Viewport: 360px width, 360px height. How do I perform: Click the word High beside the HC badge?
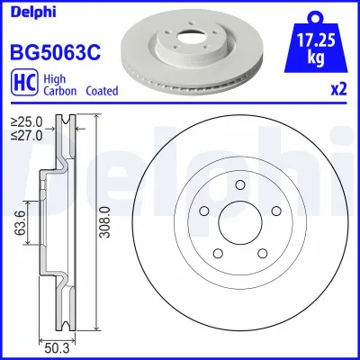51,76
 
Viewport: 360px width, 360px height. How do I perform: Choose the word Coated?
102,90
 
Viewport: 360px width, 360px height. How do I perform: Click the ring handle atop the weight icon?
314,13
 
